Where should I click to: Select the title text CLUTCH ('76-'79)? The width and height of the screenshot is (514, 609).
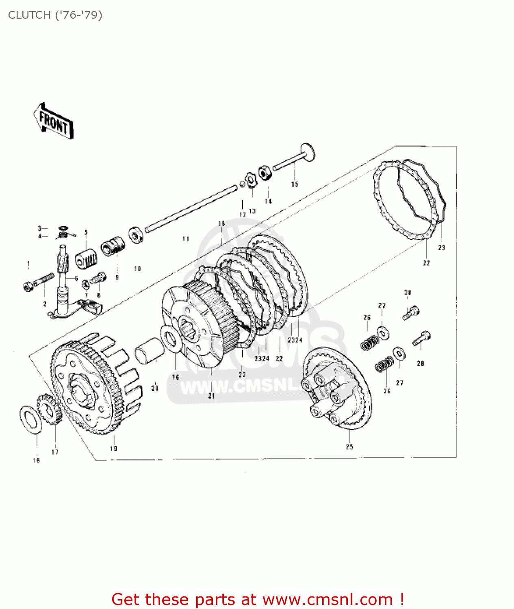coord(55,15)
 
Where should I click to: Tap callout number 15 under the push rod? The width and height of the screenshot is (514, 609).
coord(295,184)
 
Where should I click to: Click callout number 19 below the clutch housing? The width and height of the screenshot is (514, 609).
coord(113,448)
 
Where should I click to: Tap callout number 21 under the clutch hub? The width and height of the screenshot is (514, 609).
coord(211,395)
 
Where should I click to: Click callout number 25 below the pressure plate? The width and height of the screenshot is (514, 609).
coord(349,447)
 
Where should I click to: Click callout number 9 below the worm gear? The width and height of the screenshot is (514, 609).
coord(117,277)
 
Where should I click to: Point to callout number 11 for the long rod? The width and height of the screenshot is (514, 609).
coord(186,239)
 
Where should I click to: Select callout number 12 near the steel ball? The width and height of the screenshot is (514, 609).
coord(243,214)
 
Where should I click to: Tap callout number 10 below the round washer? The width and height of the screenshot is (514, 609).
coord(137,269)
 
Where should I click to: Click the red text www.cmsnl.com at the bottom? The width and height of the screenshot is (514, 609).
coord(327,599)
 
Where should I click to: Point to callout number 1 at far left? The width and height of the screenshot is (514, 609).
coord(28,265)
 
